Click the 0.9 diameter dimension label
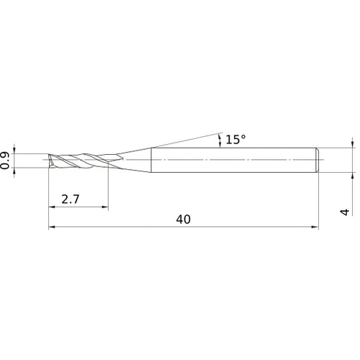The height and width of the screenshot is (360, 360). (x=6, y=160)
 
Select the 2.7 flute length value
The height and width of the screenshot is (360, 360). (x=71, y=198)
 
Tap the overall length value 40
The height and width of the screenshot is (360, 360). (x=183, y=220)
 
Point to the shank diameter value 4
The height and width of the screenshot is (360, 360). (x=345, y=211)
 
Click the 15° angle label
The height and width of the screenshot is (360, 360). (x=235, y=140)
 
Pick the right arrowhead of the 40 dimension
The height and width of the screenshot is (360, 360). (x=315, y=228)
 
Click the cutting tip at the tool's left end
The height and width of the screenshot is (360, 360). (x=50, y=160)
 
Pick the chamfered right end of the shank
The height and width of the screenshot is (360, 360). (x=317, y=160)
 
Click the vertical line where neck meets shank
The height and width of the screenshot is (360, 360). (x=150, y=160)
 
